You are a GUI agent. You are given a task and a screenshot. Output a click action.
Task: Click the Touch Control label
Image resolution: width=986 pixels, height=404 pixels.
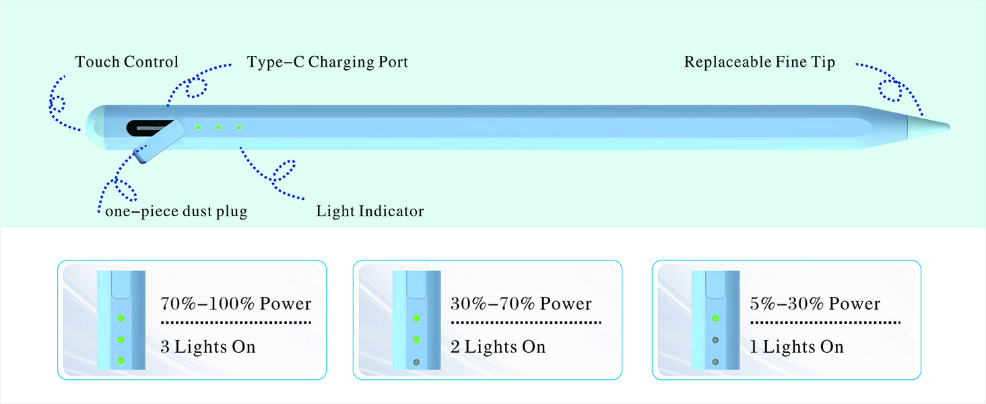127,62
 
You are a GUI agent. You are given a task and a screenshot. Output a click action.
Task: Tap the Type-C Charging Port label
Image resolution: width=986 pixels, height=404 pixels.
327,62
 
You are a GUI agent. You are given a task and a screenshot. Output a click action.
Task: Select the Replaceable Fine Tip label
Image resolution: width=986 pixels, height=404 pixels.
759,62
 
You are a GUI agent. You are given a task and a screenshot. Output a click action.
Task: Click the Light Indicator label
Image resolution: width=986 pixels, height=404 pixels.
370,211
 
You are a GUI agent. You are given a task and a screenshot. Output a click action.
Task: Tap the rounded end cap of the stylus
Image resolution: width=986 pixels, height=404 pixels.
97,127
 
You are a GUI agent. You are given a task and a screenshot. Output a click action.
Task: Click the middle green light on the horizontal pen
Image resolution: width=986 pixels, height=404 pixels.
218,127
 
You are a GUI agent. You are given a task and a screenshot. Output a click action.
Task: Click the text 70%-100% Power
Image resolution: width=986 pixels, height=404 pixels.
236,303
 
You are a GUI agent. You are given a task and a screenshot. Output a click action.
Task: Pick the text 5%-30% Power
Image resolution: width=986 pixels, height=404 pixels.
815,303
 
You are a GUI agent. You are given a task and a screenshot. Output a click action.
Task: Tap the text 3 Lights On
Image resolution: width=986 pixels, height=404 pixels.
208,347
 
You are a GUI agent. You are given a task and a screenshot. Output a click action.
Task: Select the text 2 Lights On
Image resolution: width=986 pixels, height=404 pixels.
498,347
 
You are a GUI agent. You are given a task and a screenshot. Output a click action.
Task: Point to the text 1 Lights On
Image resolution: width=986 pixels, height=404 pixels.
797,347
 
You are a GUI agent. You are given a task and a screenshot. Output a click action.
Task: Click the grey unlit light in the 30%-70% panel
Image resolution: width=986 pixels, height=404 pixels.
416,362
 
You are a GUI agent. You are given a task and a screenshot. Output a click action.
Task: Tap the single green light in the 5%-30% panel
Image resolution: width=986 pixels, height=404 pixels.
715,318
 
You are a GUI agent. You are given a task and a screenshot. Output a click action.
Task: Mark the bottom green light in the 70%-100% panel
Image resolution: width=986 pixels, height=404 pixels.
121,362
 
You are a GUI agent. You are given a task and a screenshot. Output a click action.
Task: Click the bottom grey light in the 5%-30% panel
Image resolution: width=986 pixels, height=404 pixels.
715,362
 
